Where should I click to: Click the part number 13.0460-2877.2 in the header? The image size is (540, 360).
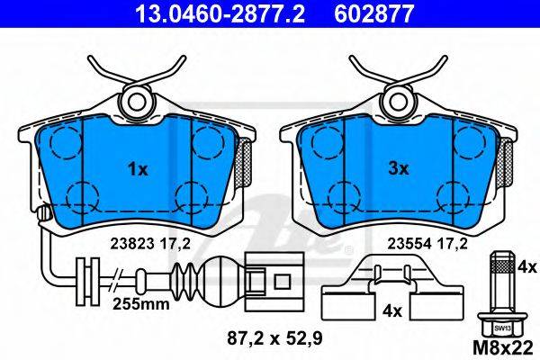coord(220,13)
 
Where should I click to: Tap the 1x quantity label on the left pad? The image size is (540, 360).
coord(138,169)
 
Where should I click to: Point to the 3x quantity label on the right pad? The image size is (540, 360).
coord(399,169)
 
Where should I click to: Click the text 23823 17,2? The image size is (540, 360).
coord(150,244)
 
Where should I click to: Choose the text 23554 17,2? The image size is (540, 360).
coord(427,244)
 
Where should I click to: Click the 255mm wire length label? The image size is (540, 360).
coord(141,304)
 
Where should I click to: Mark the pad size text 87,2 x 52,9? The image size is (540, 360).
coord(274,338)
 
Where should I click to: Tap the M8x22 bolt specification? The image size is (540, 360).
coord(503,348)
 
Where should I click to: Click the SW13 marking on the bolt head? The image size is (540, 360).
coord(502,328)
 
